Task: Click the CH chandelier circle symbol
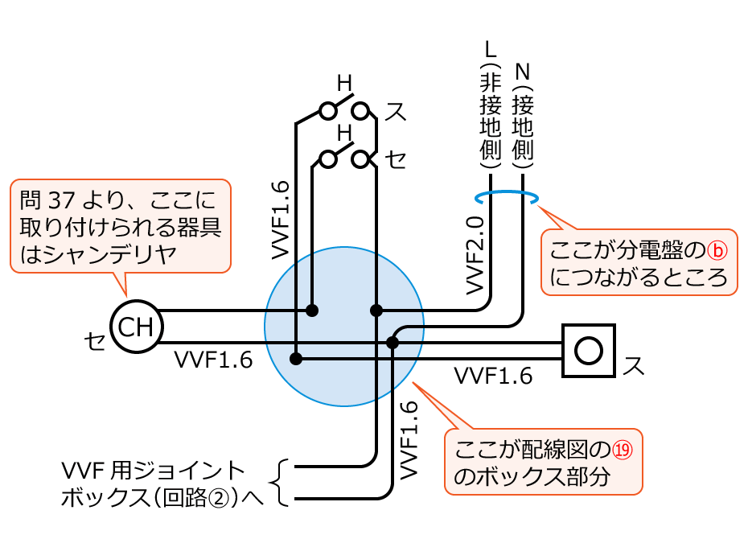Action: [x=136, y=327]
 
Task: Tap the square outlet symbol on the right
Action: [x=589, y=350]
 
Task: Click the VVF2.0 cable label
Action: [x=475, y=253]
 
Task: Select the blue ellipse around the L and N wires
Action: [x=506, y=197]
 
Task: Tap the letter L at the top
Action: [x=491, y=49]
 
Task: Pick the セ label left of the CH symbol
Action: [x=95, y=342]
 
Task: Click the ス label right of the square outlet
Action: [x=634, y=366]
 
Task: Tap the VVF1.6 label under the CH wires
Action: [x=213, y=360]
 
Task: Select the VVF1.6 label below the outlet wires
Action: [x=493, y=376]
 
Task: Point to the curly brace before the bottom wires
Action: [x=282, y=483]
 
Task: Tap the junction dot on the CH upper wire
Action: [x=312, y=310]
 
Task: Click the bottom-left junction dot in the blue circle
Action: [x=297, y=359]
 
